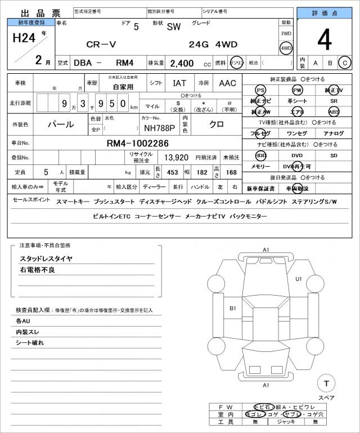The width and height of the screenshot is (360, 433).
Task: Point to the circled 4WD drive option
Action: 286,48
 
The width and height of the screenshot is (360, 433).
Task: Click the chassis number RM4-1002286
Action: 138,143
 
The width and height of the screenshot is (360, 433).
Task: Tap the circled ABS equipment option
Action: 334,111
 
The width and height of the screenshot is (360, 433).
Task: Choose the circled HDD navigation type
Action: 260,155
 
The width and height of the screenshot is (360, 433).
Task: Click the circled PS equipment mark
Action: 260,90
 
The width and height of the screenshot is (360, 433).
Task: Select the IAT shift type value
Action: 179,83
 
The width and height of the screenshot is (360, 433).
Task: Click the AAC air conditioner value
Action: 227,83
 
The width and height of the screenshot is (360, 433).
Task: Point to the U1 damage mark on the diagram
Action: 298,279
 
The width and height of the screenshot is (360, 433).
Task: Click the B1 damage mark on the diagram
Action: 232,309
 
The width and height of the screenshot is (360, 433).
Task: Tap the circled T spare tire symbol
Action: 326,383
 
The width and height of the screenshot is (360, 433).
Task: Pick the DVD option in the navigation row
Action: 296,155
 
